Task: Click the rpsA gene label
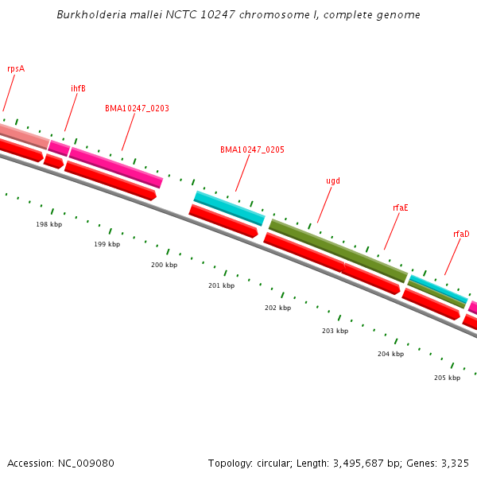[x=16, y=68]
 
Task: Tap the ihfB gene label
[x=78, y=88]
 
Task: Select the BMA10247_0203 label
[x=137, y=108]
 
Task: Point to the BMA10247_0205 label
[x=252, y=149]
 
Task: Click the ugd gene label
[x=333, y=180]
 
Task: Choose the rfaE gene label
[x=400, y=207]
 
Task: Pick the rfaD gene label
[x=461, y=234]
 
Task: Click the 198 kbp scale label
[x=48, y=224]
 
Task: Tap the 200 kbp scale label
[x=164, y=265]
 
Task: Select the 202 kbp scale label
[x=277, y=308]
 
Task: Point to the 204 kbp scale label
[x=390, y=354]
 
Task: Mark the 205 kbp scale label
[x=447, y=378]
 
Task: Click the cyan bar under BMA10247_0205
[x=230, y=208]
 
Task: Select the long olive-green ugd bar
[x=338, y=250]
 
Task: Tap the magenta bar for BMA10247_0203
[x=116, y=168]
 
